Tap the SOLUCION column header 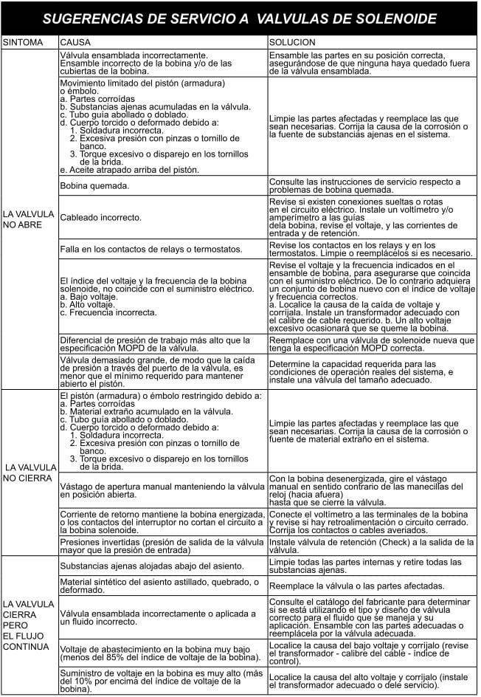point(292,43)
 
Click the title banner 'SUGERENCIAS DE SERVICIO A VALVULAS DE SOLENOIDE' point(240,18)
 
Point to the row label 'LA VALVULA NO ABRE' point(28,219)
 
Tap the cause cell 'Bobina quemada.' point(94,185)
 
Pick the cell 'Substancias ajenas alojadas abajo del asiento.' point(151,566)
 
